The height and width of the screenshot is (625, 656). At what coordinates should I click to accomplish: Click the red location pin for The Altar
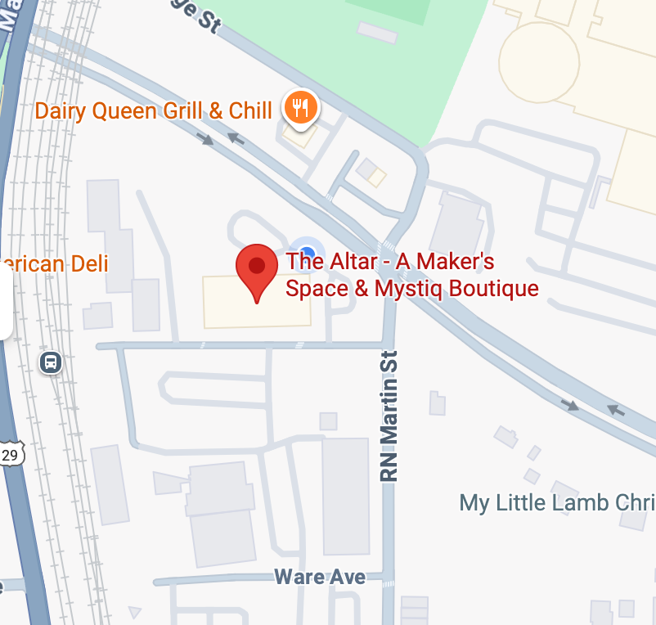tap(257, 268)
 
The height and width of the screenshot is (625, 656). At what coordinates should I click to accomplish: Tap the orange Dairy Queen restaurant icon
tap(300, 107)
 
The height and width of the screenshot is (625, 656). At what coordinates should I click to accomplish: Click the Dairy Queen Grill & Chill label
tap(153, 110)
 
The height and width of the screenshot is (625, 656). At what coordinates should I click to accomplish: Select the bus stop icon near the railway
tap(51, 362)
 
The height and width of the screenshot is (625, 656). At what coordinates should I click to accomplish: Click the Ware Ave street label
tap(320, 576)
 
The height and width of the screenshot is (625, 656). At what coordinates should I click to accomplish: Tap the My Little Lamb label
tap(557, 501)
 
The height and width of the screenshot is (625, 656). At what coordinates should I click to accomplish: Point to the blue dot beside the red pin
tap(307, 250)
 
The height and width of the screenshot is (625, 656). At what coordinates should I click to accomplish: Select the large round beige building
tap(539, 62)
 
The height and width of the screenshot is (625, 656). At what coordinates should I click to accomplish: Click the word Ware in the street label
tap(301, 576)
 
